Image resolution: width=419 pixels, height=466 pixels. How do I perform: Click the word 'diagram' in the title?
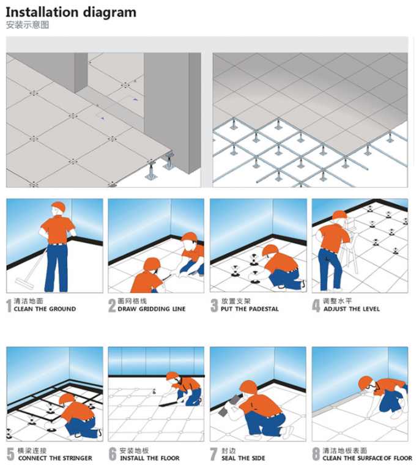point(109,13)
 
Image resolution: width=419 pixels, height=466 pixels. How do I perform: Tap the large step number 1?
point(9,306)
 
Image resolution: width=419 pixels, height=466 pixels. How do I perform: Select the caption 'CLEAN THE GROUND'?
point(45,309)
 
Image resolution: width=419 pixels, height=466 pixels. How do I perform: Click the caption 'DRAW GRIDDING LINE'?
point(152,309)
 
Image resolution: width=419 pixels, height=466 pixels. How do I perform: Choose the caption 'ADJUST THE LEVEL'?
point(352,309)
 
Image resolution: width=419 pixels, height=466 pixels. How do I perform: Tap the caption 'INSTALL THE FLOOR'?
point(149,458)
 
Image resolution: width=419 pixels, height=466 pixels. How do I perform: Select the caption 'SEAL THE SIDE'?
point(243,458)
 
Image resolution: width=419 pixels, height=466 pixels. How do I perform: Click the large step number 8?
point(316,455)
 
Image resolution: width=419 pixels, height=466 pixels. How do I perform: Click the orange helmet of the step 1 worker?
point(59,207)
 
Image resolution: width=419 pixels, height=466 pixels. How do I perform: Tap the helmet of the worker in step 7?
point(248,387)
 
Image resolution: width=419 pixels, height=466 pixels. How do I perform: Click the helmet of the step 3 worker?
point(270,250)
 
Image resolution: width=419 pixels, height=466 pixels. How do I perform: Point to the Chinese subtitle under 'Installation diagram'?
point(28,25)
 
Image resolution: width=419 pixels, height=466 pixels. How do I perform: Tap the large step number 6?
point(113,455)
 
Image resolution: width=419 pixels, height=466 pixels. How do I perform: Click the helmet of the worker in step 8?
point(366,383)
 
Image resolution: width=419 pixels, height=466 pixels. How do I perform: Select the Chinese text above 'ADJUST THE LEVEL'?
point(337,301)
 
